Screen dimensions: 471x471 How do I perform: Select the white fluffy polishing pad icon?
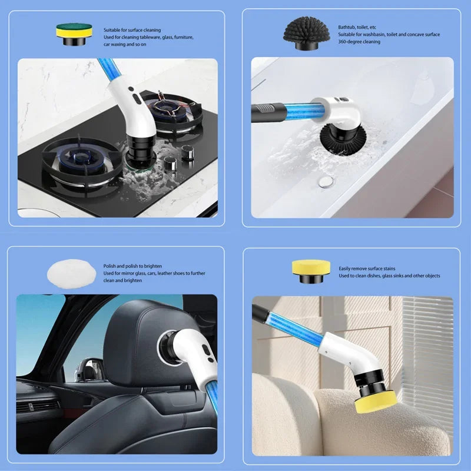pos(70,274)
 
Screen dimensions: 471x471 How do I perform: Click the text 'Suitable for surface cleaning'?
pos(132,29)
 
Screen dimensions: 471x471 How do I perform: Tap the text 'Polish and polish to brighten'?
pos(132,266)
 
